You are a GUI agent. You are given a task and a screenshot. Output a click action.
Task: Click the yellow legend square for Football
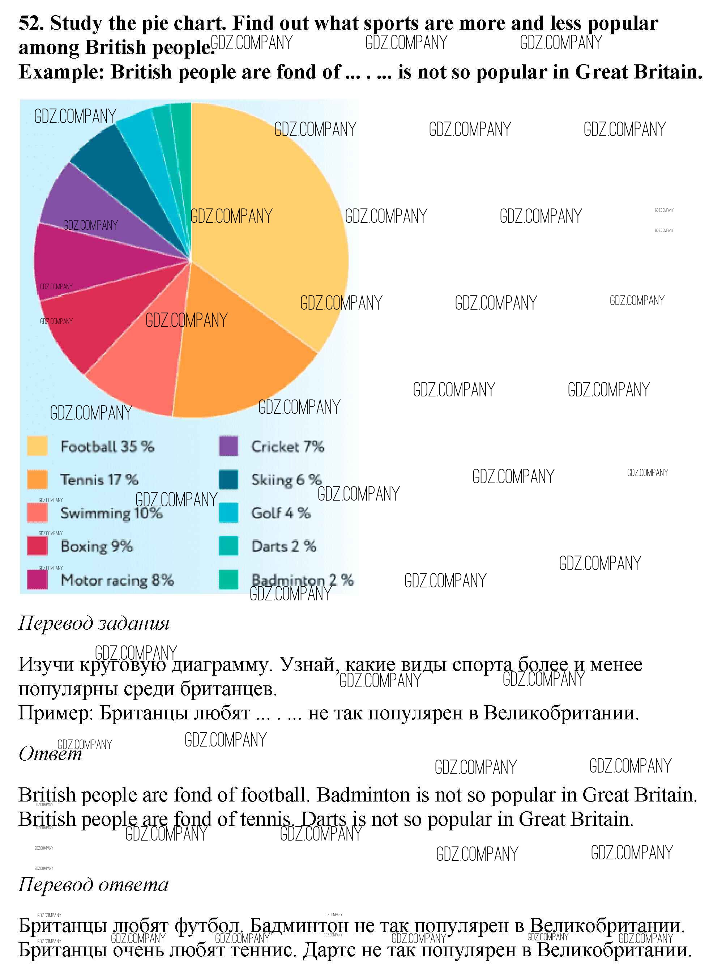(37, 446)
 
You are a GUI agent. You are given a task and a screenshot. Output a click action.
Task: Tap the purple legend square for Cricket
(228, 446)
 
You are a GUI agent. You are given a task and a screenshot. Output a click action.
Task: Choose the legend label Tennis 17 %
(99, 480)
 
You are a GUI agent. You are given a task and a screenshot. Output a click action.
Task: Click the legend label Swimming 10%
(111, 513)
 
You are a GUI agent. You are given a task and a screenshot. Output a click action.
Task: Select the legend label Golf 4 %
(281, 513)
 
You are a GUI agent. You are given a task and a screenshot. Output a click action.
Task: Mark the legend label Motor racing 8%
(117, 581)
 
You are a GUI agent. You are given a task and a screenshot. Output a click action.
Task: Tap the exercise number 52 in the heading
(30, 23)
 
